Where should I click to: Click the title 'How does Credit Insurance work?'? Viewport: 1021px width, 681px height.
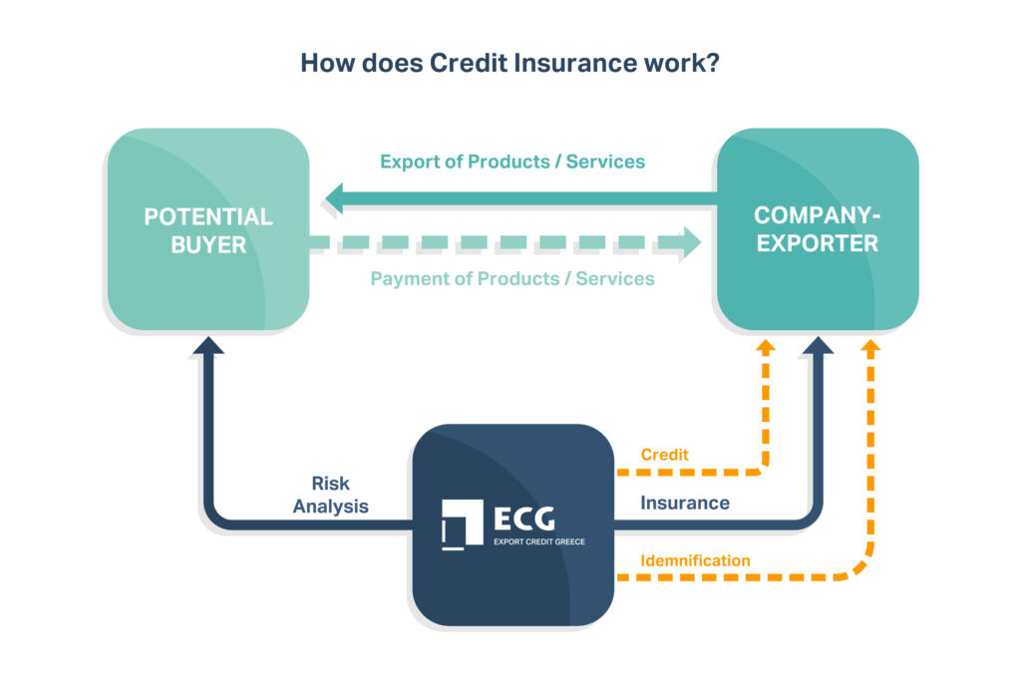click(510, 63)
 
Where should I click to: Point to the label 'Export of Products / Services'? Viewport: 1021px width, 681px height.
click(511, 161)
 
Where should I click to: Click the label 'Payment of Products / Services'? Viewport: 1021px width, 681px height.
click(511, 278)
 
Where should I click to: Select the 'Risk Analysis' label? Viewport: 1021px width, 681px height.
click(330, 495)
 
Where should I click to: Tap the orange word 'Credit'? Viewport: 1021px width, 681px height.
click(664, 455)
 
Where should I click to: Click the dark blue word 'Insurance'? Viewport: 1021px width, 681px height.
click(684, 503)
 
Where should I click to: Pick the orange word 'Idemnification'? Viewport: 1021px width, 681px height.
click(695, 560)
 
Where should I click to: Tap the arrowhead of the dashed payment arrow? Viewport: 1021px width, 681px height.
click(691, 243)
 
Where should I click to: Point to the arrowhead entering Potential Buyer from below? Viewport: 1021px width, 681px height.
click(208, 345)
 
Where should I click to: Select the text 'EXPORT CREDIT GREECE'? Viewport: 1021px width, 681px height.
click(539, 541)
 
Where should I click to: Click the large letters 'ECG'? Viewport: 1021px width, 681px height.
click(523, 517)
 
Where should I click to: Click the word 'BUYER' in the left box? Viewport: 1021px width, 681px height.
click(207, 244)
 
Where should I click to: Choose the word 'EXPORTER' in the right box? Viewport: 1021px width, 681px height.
click(817, 243)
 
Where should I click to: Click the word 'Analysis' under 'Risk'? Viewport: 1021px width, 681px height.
click(330, 507)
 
